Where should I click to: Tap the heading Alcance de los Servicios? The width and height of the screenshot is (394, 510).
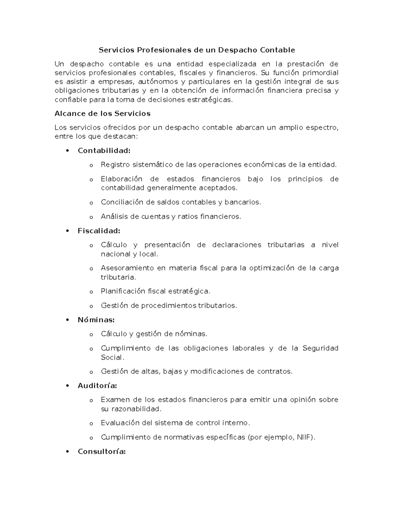click(102, 114)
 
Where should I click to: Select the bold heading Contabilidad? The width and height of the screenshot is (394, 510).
click(104, 151)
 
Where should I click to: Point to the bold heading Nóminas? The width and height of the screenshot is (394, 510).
click(96, 320)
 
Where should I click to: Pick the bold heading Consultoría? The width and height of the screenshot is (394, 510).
click(102, 452)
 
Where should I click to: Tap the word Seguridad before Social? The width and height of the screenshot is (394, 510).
click(320, 348)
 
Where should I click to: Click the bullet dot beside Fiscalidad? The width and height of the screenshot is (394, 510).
click(68, 231)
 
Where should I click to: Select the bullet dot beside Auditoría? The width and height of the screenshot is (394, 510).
click(68, 386)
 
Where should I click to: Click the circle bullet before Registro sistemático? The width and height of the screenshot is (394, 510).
click(91, 165)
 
